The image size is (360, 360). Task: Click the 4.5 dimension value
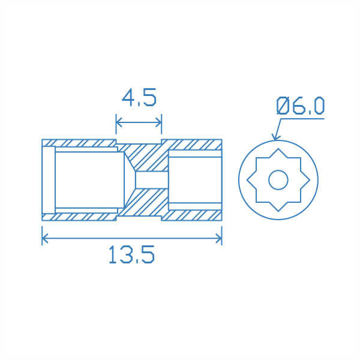(x=139, y=97)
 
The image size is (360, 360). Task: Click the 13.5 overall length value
(x=132, y=255)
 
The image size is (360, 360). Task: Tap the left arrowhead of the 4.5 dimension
(x=117, y=124)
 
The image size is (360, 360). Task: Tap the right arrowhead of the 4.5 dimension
(x=160, y=124)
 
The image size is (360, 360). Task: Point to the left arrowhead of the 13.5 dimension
(x=43, y=239)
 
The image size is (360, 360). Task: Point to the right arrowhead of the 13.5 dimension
(x=220, y=239)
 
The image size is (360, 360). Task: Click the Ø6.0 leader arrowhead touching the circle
(x=275, y=137)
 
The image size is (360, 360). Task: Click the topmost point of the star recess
(x=278, y=147)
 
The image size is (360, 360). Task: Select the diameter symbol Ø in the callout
(x=284, y=106)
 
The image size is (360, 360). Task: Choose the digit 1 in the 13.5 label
(x=112, y=255)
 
